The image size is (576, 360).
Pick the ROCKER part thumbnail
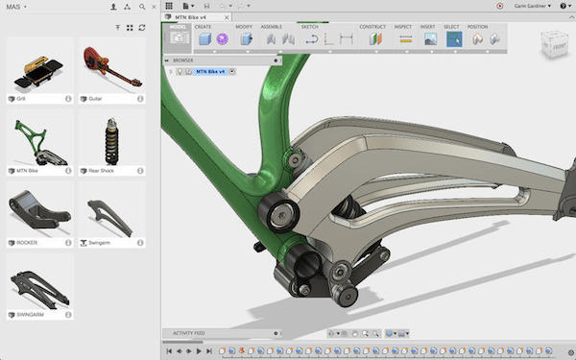coord(39,212)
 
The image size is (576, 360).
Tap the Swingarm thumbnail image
coord(111,212)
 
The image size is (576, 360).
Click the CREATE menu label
coord(204,27)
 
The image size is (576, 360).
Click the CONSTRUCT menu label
coord(372,27)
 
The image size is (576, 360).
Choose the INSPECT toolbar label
coord(404,27)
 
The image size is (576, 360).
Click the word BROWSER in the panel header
coord(182,60)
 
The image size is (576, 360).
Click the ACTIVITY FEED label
coord(189,333)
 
